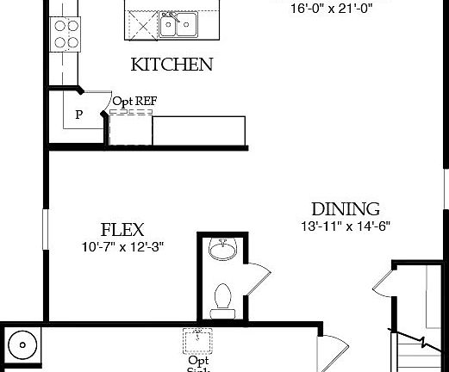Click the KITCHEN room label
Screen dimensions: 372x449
click(x=171, y=65)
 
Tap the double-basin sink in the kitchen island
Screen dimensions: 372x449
click(x=178, y=25)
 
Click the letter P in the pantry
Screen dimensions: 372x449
click(x=78, y=115)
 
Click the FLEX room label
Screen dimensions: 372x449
click(x=122, y=230)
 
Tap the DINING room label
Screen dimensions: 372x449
click(x=345, y=209)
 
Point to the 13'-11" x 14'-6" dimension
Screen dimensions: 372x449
click(x=346, y=226)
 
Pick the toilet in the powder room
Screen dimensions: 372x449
click(x=221, y=295)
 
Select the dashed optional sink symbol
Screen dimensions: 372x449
click(x=196, y=342)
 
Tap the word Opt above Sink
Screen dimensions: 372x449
click(x=197, y=360)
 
